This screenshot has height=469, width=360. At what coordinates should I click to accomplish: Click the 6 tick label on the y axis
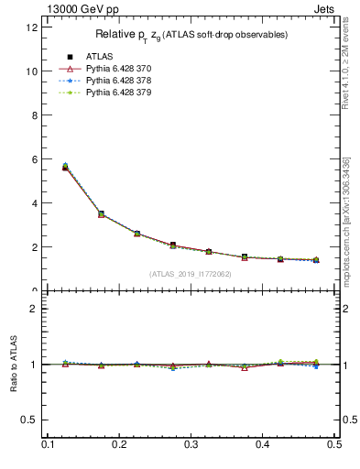pos(34,159)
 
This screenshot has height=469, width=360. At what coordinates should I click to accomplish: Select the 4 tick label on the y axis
pos(34,203)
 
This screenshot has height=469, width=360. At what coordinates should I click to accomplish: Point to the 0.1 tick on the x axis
pos(48,444)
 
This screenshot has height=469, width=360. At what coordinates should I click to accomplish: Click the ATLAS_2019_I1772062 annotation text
pos(191,274)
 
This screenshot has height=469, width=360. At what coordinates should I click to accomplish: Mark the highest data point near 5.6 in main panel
pos(65,167)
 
